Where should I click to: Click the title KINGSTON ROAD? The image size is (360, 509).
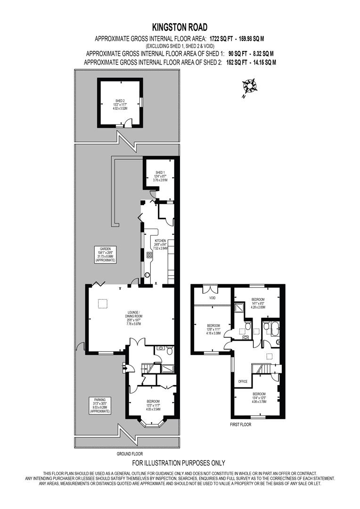(180, 28)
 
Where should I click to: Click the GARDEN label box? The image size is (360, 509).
(105, 254)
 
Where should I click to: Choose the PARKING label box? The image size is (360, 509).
(99, 405)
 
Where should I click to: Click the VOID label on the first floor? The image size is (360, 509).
(211, 298)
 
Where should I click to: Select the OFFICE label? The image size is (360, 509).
(243, 381)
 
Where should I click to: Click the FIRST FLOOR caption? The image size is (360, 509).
(240, 425)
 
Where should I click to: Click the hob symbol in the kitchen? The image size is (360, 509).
(149, 256)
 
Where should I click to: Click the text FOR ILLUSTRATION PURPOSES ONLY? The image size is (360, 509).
(179, 463)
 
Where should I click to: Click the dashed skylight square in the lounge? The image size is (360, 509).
(102, 304)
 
